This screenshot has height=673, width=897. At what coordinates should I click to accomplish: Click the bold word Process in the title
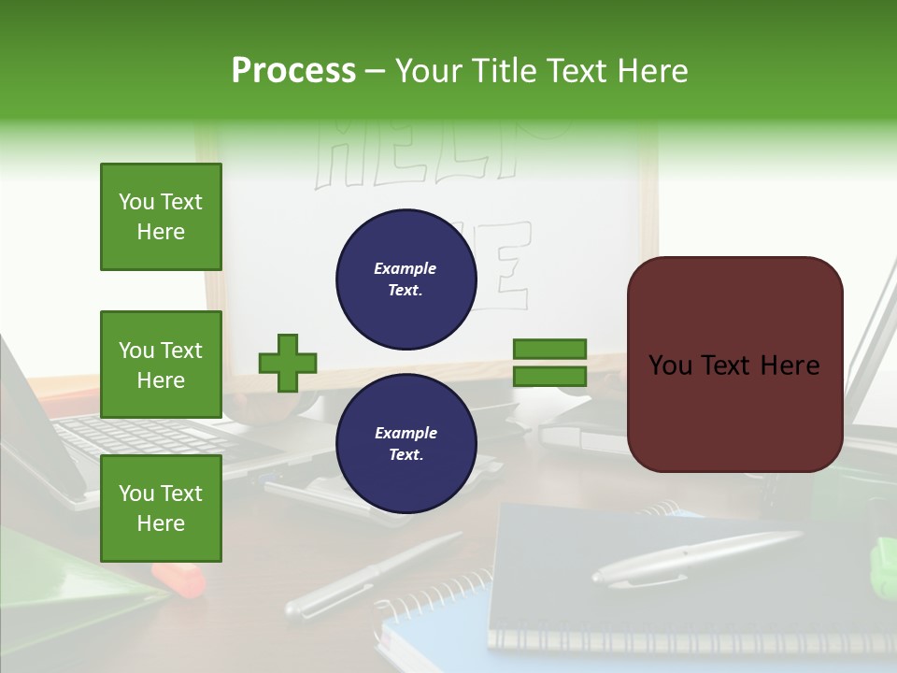coord(293,71)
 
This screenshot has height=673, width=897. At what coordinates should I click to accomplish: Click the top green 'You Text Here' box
coord(161,217)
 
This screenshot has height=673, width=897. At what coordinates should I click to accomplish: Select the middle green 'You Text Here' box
coord(161,365)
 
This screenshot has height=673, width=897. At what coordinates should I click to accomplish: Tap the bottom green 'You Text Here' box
coord(161,508)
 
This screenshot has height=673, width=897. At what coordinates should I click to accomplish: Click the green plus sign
coord(288,363)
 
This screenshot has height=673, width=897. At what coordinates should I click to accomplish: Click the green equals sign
coord(549,363)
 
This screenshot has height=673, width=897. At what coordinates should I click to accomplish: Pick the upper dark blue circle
coord(406,279)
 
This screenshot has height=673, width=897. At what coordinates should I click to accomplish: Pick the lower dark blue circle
coord(406,443)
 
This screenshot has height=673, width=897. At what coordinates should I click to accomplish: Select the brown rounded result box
coord(734,365)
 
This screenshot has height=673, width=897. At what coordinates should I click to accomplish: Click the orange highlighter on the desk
coord(179,580)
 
